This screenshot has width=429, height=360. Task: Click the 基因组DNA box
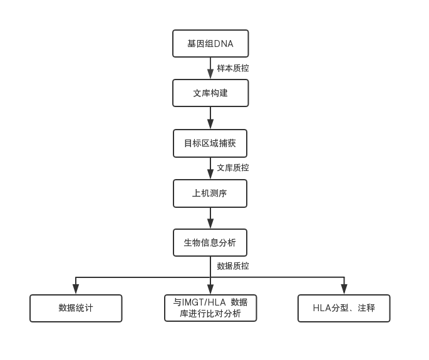[x=210, y=44]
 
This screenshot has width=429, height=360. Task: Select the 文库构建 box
[x=210, y=93]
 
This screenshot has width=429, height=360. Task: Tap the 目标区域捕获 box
[x=210, y=143]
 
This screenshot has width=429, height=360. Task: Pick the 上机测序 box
[x=210, y=193]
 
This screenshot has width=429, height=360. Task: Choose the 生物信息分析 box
[x=210, y=242]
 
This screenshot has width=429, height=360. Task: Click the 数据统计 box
[x=76, y=308]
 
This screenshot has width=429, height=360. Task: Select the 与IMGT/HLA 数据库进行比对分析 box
[x=210, y=308]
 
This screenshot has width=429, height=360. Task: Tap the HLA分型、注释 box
[x=344, y=308]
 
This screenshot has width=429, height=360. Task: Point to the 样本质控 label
[x=233, y=68]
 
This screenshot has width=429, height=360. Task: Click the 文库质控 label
[x=233, y=168]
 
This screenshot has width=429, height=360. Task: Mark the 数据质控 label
[x=233, y=266]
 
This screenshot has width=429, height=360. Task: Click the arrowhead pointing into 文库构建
[x=210, y=75]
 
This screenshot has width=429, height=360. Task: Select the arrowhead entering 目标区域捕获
[x=210, y=125]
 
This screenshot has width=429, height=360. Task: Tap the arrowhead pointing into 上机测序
[x=210, y=175]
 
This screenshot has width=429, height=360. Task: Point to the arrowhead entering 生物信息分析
[x=210, y=224]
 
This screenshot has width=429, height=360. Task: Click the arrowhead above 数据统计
[x=76, y=289]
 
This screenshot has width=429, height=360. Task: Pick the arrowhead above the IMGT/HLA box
[x=210, y=289]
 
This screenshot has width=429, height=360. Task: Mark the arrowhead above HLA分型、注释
[x=344, y=289]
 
